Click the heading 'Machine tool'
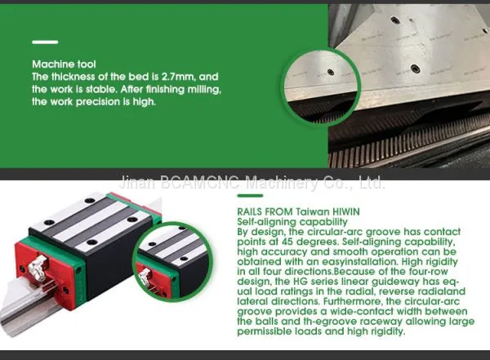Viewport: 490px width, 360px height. [x=64, y=64]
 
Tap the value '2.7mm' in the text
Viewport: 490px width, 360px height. [x=177, y=77]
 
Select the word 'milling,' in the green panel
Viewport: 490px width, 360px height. [x=204, y=90]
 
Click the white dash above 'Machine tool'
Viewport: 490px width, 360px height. [x=45, y=42]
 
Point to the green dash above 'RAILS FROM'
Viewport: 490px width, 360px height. [x=250, y=196]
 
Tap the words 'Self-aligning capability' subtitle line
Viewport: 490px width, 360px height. [x=292, y=222]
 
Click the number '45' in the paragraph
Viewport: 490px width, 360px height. [x=287, y=242]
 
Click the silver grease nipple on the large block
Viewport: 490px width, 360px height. [x=38, y=268]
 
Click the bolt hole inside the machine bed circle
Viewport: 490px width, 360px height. [x=330, y=73]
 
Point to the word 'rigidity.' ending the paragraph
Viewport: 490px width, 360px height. [x=388, y=331]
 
